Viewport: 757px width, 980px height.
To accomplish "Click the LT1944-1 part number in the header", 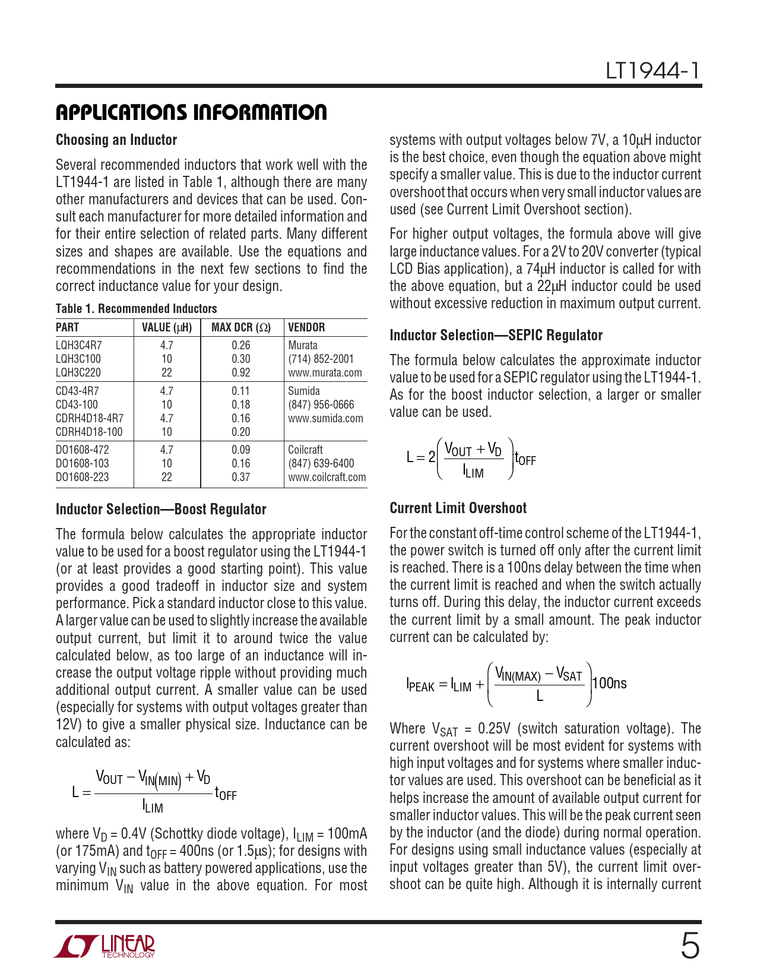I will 653,71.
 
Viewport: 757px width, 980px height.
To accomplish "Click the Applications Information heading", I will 191,112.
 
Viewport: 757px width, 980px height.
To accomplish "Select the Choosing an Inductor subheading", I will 116,140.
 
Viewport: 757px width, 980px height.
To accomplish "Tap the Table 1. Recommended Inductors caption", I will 136,309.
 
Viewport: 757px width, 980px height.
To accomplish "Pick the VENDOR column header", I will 306,328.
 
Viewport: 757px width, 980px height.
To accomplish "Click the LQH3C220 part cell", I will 78,373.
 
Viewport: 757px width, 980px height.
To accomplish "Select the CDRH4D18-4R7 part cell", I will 90,419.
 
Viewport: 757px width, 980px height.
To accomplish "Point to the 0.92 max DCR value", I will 240,373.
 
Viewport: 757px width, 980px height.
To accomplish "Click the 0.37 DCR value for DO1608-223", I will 240,478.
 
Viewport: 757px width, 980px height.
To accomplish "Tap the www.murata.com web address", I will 325,373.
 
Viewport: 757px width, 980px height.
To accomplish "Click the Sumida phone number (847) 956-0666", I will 321,405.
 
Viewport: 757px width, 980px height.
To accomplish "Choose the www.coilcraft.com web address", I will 327,478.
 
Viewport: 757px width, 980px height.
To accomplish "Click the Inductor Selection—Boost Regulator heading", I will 161,510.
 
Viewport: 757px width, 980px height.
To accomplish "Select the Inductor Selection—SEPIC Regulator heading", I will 496,336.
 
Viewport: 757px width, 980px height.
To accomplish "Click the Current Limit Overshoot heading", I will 458,508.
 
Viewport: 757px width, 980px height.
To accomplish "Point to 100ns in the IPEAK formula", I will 610,684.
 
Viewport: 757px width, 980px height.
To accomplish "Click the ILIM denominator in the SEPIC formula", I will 473,473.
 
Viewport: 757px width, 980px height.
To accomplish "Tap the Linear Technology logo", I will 104,946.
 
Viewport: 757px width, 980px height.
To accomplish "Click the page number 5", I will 689,946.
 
